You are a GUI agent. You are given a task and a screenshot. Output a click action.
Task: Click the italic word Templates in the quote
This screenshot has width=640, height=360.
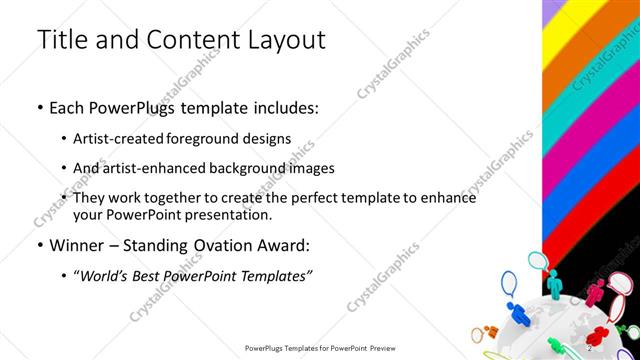coord(268,274)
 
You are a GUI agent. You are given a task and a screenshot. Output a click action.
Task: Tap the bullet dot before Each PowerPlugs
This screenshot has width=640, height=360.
coord(39,108)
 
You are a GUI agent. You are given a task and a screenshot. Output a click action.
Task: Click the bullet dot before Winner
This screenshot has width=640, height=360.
coord(39,245)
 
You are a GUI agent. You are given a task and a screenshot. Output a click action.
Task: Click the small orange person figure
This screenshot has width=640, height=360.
coord(492,331)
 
